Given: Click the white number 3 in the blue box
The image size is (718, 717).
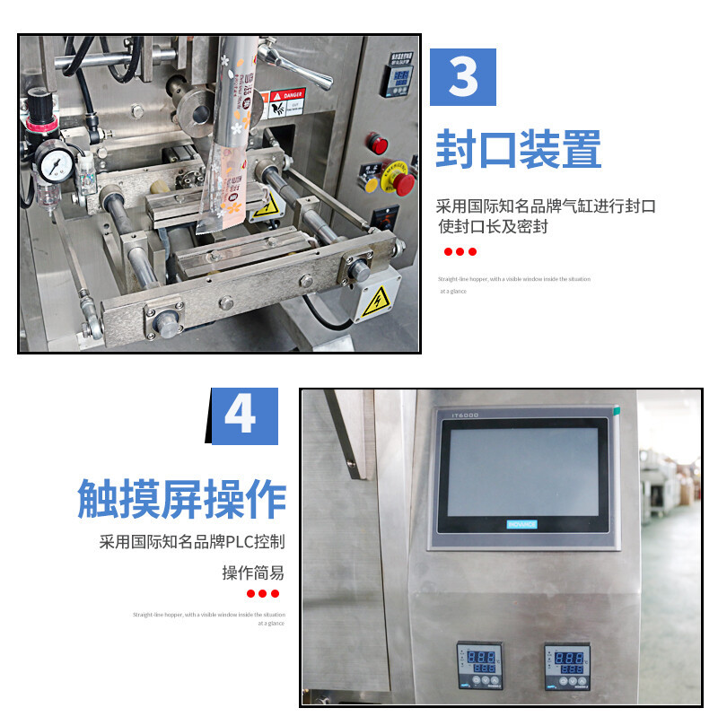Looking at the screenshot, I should point(463,77).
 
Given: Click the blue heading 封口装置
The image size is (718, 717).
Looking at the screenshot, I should point(518,150).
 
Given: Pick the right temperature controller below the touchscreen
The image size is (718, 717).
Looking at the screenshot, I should point(567,666).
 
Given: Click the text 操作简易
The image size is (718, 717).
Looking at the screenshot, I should point(253,573).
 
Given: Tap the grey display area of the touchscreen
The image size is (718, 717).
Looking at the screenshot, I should point(522,471).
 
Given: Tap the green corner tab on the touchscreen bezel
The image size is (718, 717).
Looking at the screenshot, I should point(617,411).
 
